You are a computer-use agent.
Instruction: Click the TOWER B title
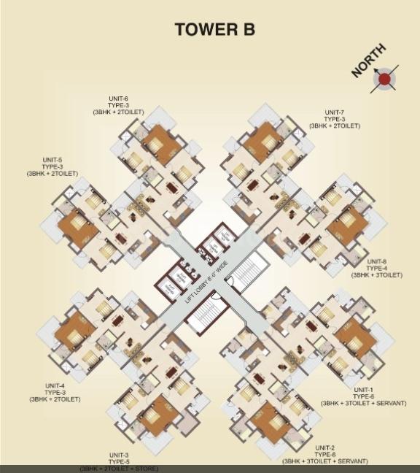[214, 31]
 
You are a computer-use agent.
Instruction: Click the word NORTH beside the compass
[369, 61]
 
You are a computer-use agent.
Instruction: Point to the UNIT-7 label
[335, 112]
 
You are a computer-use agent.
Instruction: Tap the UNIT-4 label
[55, 385]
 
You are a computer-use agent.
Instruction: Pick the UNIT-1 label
[363, 390]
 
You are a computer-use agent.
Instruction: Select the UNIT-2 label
[324, 447]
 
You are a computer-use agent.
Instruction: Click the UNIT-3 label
[118, 454]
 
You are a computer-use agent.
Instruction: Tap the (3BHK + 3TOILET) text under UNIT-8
[377, 275]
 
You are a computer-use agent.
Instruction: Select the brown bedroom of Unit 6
[161, 144]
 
